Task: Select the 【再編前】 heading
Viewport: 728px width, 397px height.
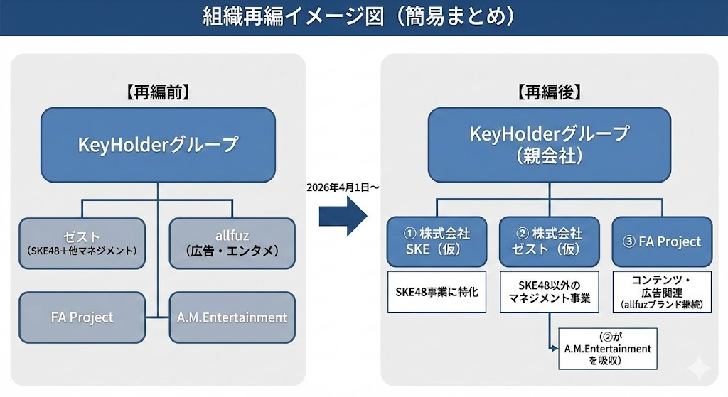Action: tap(157, 91)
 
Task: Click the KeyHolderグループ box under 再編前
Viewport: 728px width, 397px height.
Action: tap(157, 145)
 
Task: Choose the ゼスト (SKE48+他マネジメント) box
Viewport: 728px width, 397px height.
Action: tap(82, 242)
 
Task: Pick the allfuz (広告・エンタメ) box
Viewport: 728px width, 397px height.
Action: tap(232, 242)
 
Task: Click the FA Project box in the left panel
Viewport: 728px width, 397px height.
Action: tap(82, 317)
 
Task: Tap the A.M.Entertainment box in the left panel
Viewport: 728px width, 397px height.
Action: tap(232, 317)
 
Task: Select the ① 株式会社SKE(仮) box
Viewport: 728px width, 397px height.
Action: tap(437, 241)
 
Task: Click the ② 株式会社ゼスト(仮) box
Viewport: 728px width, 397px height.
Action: tap(549, 241)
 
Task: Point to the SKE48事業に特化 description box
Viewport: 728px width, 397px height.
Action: tap(437, 291)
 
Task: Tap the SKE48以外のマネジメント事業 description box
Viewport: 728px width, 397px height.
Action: tap(549, 291)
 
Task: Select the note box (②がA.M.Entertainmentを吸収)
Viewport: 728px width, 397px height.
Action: tap(607, 349)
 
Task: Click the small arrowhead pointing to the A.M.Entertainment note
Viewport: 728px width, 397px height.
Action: tap(555, 349)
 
